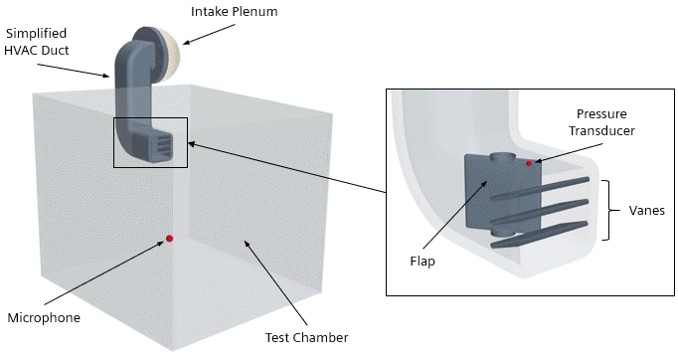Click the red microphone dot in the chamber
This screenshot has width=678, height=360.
[x=169, y=239]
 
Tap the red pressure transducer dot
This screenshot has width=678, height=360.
[x=529, y=163]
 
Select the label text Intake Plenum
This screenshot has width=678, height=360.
[x=235, y=11]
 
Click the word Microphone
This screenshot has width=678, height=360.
[x=44, y=317]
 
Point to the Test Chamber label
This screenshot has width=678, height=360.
[x=306, y=337]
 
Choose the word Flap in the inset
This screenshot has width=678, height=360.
[x=423, y=262]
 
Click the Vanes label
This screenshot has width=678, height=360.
[x=646, y=210]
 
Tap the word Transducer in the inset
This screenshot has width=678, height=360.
[x=601, y=130]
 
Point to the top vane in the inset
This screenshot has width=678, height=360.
[x=539, y=189]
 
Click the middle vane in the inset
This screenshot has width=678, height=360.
[x=540, y=212]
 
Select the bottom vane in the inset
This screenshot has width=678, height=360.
[x=540, y=234]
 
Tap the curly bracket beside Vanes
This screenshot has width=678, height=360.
[x=611, y=210]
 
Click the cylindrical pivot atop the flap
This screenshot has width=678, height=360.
[x=503, y=158]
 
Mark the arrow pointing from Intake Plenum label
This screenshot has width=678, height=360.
[x=209, y=34]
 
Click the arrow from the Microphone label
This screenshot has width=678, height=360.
[x=104, y=272]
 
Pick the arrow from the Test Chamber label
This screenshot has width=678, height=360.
[x=275, y=282]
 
